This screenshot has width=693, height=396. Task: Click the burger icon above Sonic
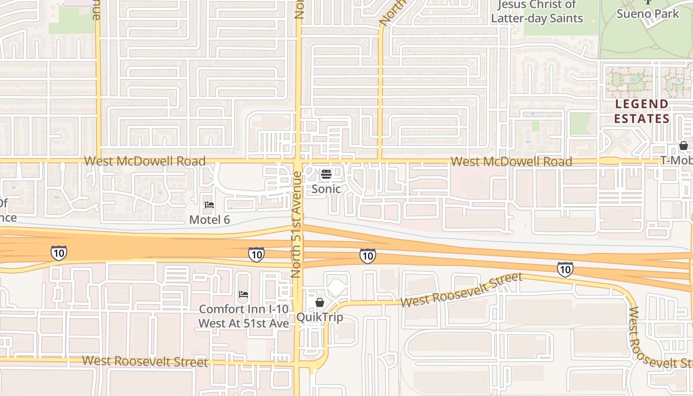click(x=326, y=174)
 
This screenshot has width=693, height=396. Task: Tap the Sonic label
click(x=326, y=189)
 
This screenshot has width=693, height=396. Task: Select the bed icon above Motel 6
click(x=209, y=204)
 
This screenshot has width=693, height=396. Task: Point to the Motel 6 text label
click(x=209, y=219)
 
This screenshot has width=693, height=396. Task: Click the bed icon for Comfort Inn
click(x=243, y=294)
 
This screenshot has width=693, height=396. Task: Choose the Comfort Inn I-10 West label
click(x=244, y=316)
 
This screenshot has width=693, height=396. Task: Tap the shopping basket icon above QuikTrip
click(x=320, y=302)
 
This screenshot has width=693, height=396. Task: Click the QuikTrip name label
click(x=320, y=317)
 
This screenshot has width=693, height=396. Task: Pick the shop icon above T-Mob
click(x=683, y=146)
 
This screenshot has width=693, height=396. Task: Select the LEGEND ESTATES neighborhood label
click(x=642, y=111)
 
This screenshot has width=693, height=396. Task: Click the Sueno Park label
click(x=648, y=13)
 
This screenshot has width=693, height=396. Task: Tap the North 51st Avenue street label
click(x=297, y=224)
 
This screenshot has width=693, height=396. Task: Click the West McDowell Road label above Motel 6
click(x=145, y=161)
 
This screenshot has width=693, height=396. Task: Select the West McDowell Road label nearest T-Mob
click(x=511, y=161)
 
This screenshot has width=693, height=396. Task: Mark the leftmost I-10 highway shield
click(x=58, y=253)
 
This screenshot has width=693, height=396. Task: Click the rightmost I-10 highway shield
click(x=565, y=269)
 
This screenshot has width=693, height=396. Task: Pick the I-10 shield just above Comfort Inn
click(x=256, y=254)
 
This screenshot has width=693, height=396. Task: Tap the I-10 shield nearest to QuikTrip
click(x=367, y=256)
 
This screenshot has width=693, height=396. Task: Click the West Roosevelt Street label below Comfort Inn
click(x=145, y=361)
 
